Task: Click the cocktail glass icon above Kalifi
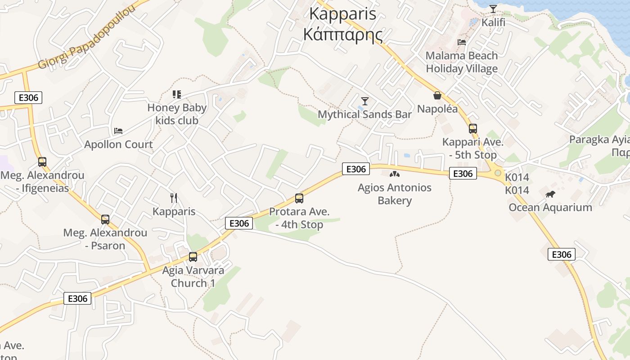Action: [x=493, y=9]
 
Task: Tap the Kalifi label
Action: [x=493, y=22]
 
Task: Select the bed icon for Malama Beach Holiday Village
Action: [x=462, y=42]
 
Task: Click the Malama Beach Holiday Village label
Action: [x=462, y=62]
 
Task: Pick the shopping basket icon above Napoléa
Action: [x=437, y=95]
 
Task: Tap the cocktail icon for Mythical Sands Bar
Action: [x=365, y=101]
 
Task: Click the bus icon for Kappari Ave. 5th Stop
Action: [x=472, y=129]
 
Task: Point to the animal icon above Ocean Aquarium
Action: [x=550, y=194]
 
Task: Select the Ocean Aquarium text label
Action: [x=550, y=207]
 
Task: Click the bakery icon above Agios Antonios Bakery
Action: [x=394, y=174]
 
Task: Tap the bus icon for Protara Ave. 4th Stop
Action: [x=299, y=198]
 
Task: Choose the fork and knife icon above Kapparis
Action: [x=174, y=198]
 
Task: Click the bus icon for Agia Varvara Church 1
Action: [x=193, y=257]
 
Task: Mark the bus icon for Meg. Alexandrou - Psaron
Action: [x=105, y=220]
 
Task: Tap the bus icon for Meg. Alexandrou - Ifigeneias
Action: [x=42, y=162]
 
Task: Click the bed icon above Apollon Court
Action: [x=118, y=131]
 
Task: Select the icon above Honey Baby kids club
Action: [x=177, y=94]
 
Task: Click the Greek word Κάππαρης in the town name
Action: [x=343, y=34]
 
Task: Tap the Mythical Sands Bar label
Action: [x=365, y=114]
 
